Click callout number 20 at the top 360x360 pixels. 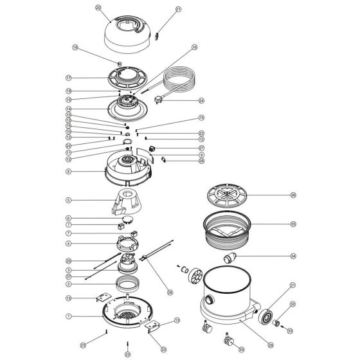point(98,8)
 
